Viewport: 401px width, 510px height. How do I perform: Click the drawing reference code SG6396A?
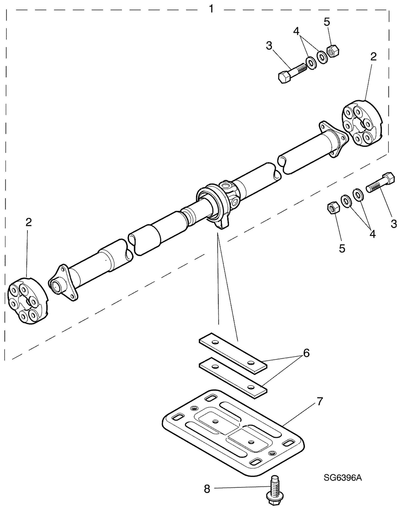[x=343, y=478]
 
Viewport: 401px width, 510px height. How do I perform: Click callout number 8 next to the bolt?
[x=207, y=489]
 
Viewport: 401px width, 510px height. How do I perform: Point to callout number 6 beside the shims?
[x=306, y=353]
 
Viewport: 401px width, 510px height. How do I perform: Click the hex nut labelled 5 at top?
[x=333, y=51]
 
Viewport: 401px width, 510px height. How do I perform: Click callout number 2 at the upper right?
[x=373, y=57]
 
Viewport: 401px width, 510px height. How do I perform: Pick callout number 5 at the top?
[x=327, y=22]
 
